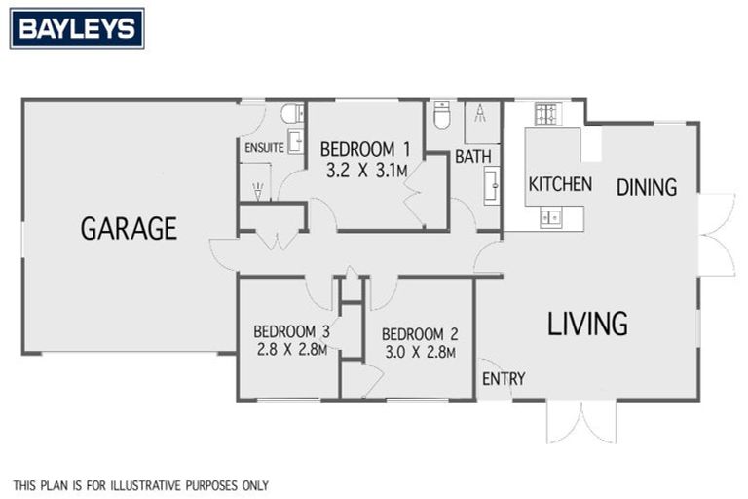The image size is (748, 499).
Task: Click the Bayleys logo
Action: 77,28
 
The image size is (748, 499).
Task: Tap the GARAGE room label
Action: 129,229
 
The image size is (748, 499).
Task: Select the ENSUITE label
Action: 264,148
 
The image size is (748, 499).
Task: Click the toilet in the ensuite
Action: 291,115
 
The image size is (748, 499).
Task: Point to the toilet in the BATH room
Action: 441,117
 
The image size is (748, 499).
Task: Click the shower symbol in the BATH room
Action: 481,120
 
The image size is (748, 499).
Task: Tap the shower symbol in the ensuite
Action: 257,181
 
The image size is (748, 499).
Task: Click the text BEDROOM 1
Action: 365,150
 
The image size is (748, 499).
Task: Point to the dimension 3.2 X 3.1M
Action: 365,170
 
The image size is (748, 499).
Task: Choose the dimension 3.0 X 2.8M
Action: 419,352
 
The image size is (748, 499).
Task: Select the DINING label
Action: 646,187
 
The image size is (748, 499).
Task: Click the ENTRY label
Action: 504,378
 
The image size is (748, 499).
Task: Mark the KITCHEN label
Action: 560,184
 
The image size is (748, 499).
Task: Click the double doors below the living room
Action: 581,421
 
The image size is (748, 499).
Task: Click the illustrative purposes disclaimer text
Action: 140,484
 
